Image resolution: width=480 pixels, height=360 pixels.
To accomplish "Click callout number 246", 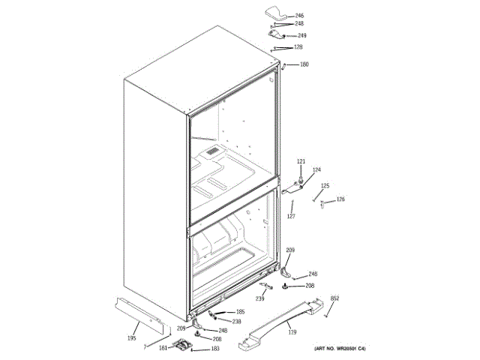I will (299, 16).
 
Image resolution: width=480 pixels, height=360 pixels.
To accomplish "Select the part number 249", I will (301, 35).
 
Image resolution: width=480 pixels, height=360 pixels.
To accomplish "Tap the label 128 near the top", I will (298, 47).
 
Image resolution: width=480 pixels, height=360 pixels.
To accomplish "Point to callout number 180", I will (304, 64).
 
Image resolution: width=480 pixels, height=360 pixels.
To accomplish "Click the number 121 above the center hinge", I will (301, 162).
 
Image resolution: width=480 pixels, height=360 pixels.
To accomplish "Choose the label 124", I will (316, 170).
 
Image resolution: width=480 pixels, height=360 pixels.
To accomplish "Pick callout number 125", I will (325, 186).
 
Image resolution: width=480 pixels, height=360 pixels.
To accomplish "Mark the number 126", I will (340, 199).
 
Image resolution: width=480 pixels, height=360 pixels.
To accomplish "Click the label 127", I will (290, 216).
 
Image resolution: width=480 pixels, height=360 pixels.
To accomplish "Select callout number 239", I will (259, 299).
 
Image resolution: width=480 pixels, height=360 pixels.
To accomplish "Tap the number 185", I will (240, 312).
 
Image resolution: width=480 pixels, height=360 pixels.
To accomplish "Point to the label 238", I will (236, 321).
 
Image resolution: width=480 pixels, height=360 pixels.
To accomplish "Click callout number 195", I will (131, 338).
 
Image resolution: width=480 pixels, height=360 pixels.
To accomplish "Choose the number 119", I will (292, 332).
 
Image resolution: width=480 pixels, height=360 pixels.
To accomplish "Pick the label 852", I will (334, 298).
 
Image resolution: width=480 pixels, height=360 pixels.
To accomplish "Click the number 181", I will (163, 347).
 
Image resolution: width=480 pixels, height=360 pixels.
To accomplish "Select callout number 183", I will (214, 349).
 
